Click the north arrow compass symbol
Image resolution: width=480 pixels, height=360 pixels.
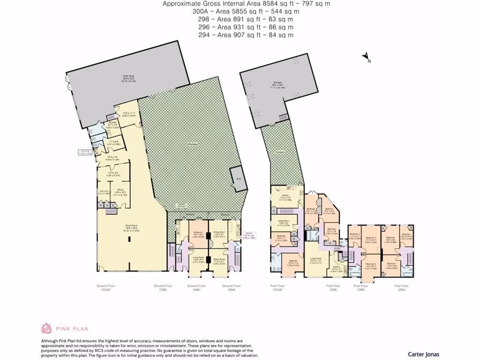[365, 57]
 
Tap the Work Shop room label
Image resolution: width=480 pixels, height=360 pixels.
[126, 77]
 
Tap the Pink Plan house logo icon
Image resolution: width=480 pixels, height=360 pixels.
[46, 329]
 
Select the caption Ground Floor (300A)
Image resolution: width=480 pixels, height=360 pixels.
[106, 287]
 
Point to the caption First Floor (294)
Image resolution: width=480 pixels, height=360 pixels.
[401, 287]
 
